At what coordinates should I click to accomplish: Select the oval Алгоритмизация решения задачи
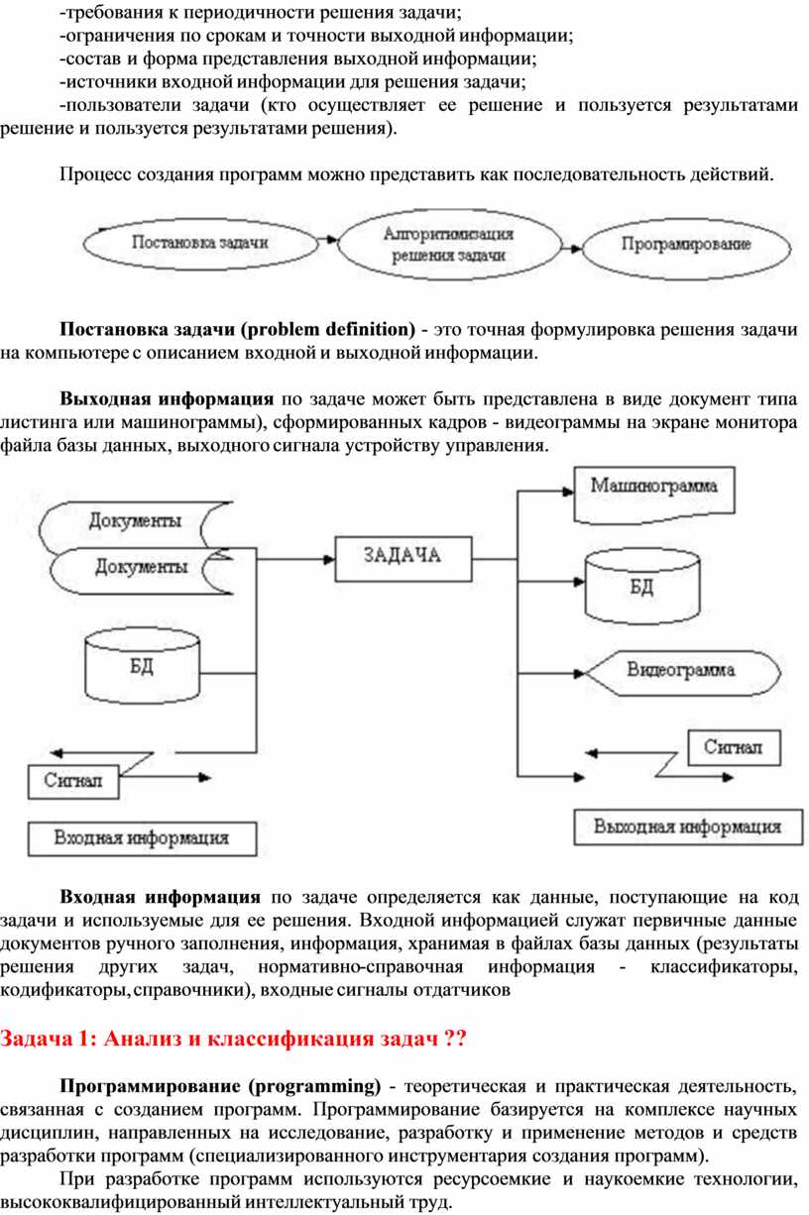tap(448, 244)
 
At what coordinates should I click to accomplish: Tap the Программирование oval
tap(686, 244)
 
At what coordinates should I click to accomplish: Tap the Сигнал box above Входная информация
tap(72, 780)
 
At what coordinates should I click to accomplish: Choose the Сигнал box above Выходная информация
tap(734, 748)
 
